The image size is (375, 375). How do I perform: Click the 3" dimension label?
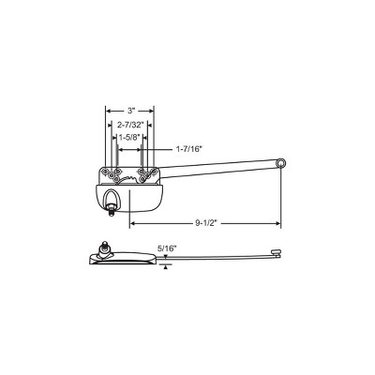pos(130,111)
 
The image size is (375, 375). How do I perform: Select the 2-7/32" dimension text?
pos(130,125)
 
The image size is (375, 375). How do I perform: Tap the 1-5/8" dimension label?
pos(128,138)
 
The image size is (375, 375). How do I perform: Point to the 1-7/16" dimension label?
pos(187,149)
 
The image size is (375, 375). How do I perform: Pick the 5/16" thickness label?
pos(167,248)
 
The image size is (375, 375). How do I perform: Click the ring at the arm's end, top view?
pos(282,163)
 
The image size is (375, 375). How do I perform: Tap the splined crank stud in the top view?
pos(111,211)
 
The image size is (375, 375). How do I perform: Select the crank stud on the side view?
pos(104,247)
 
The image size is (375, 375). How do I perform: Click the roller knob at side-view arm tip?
pos(276,251)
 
